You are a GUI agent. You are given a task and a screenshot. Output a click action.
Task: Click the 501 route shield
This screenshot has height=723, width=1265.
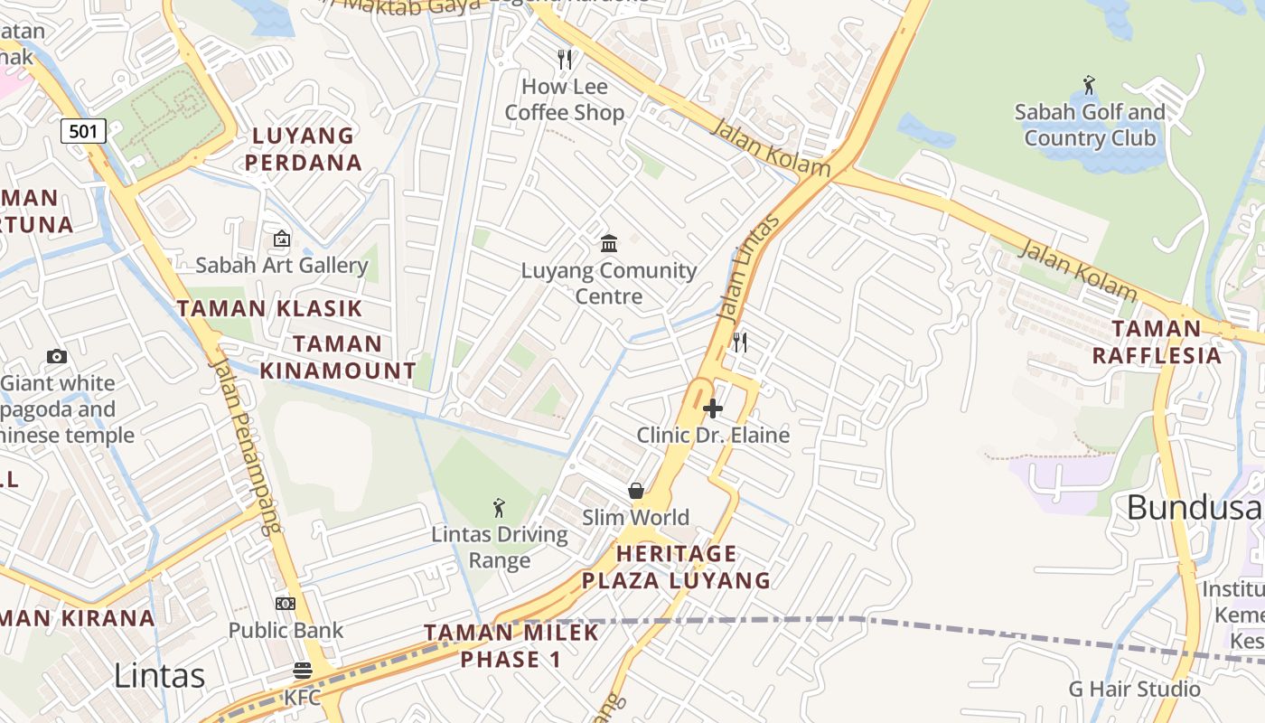coord(83,131)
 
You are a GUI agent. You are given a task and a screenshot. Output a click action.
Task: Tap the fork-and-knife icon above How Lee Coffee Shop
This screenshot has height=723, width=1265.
coord(565,61)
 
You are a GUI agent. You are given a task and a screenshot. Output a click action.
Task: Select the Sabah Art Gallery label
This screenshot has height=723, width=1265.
coord(282,265)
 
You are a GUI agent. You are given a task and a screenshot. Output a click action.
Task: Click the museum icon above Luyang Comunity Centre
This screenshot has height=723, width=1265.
coord(609,244)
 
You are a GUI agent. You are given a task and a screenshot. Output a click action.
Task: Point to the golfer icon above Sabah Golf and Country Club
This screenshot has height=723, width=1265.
coord(1089,86)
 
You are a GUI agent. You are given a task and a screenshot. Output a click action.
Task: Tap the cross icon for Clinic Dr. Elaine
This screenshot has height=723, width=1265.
coord(713,408)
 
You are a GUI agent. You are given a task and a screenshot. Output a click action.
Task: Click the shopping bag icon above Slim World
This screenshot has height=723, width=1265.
coord(636,491)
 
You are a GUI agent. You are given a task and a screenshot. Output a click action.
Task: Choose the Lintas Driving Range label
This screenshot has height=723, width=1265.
coord(500,547)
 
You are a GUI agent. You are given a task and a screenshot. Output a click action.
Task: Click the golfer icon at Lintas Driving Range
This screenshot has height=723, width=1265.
coord(499,508)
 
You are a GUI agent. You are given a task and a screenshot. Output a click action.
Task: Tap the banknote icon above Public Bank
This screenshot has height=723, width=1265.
coord(286,604)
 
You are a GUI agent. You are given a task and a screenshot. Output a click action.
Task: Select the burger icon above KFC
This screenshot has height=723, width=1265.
coord(302,671)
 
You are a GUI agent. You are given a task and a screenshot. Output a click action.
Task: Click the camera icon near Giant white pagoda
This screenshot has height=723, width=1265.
coord(57,357)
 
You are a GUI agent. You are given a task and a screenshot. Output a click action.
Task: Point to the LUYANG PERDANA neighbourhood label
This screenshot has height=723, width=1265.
coord(304,149)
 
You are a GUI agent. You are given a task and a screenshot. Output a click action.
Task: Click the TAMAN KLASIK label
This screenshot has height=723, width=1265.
coord(269,308)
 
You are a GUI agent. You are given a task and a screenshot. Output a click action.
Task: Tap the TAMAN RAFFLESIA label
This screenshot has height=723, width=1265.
coord(1157,342)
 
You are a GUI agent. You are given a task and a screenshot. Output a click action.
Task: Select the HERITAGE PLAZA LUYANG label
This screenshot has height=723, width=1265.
coord(676,567)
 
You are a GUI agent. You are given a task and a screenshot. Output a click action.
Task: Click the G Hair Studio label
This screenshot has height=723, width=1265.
coord(1135,689)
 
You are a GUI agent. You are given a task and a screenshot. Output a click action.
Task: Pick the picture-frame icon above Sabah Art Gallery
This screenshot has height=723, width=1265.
coord(282,239)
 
